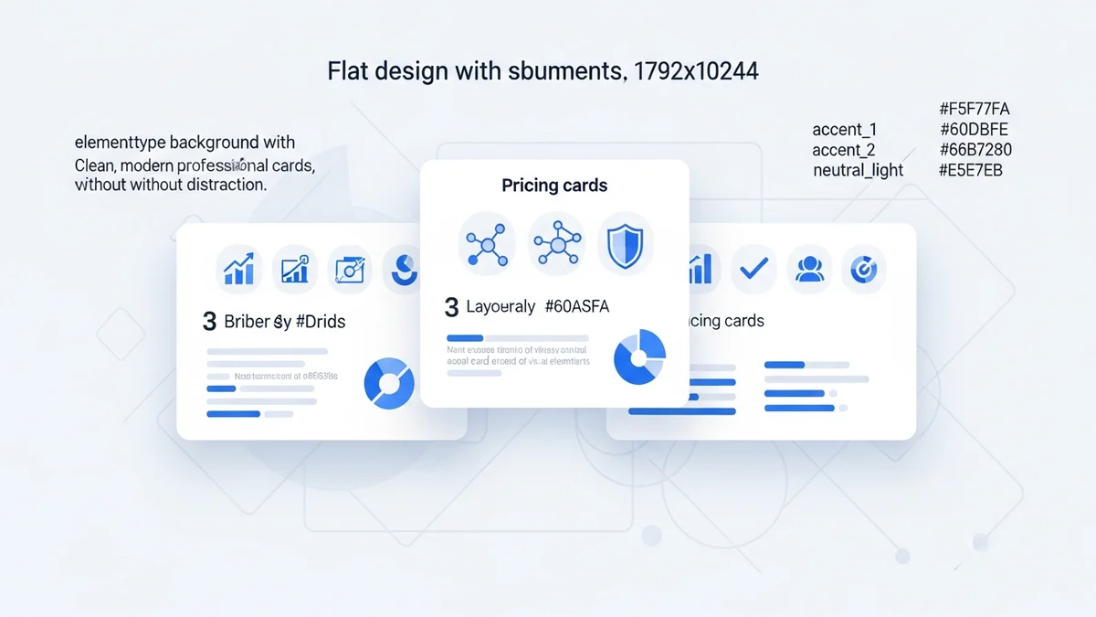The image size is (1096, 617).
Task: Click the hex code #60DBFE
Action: tap(974, 130)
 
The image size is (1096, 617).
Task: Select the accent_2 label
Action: tap(843, 150)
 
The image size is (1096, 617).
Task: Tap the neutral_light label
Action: tap(858, 170)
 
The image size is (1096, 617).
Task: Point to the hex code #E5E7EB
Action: tap(971, 170)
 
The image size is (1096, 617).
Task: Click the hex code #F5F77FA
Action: tap(974, 110)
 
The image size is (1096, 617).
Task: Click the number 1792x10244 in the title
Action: tap(696, 71)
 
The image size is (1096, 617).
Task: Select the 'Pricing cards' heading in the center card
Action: tap(554, 186)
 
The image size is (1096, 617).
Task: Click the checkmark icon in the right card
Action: tap(755, 269)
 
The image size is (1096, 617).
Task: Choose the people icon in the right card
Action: tap(810, 269)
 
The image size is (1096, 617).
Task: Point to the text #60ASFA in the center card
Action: tap(576, 307)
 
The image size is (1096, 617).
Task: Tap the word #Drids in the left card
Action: tap(321, 322)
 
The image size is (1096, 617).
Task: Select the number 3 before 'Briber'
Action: tap(210, 322)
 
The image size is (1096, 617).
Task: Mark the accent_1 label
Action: tap(843, 130)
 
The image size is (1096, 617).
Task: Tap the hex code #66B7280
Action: tap(975, 150)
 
